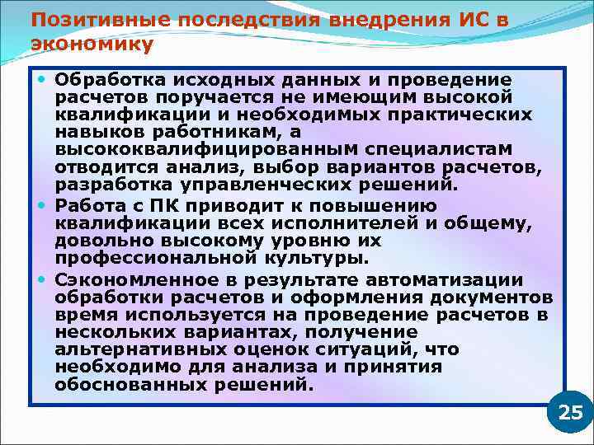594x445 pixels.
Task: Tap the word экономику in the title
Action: [x=92, y=44]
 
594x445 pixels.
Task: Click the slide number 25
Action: [x=570, y=413]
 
